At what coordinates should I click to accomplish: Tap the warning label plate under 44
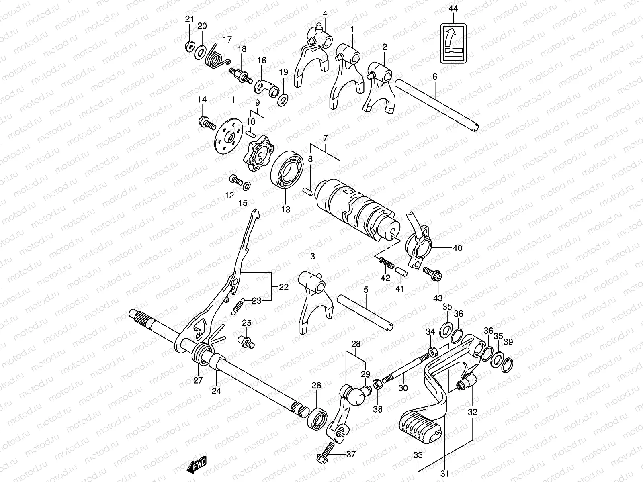(454, 43)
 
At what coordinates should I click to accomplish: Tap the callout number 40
(457, 248)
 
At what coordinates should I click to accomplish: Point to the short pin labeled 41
(402, 271)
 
